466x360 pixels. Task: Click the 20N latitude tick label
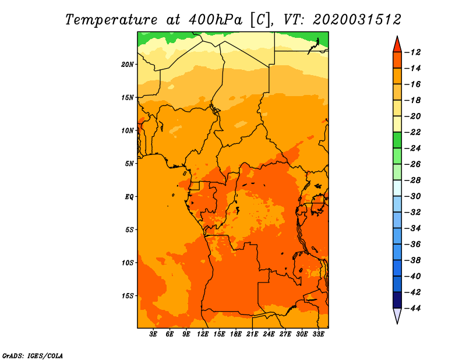click(128, 64)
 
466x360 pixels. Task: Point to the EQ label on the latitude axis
click(129, 196)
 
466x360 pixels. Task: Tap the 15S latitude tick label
click(128, 295)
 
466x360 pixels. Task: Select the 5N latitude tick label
click(129, 163)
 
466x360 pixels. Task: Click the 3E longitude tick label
click(154, 334)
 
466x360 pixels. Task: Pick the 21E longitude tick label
click(252, 334)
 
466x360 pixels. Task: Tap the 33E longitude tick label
click(318, 334)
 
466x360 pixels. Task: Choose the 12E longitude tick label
click(203, 334)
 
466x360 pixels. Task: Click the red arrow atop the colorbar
click(397, 44)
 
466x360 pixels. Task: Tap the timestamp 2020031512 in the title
click(356, 19)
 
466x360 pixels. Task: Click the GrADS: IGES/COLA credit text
click(33, 355)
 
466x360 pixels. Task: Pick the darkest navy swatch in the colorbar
click(397, 299)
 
